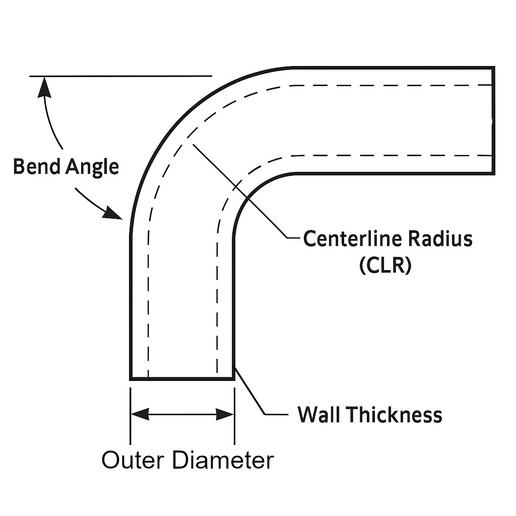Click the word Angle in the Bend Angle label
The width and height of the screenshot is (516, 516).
92,167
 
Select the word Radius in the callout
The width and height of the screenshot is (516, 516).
440,238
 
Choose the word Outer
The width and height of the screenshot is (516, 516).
133,460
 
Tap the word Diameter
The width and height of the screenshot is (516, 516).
222,460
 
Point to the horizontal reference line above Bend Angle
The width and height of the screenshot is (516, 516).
121,76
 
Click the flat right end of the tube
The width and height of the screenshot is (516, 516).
493,121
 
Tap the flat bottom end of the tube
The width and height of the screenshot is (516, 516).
182,378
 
